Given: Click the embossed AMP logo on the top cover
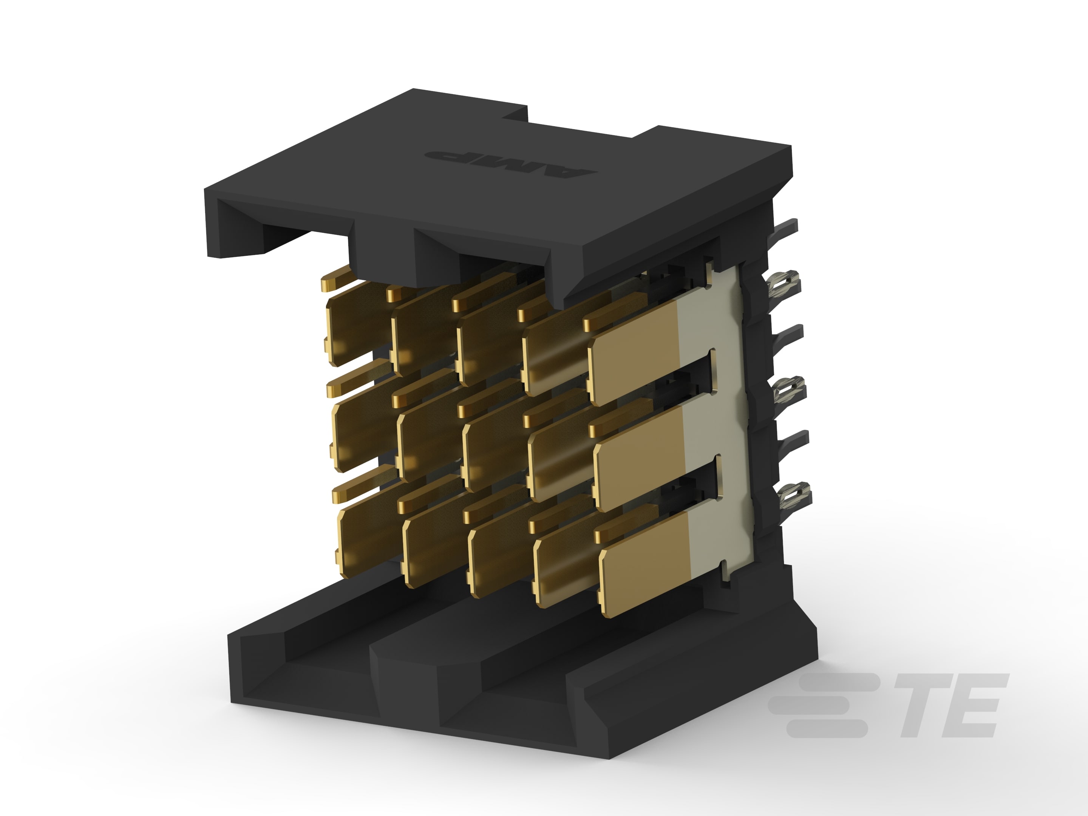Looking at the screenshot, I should click(x=512, y=162).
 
